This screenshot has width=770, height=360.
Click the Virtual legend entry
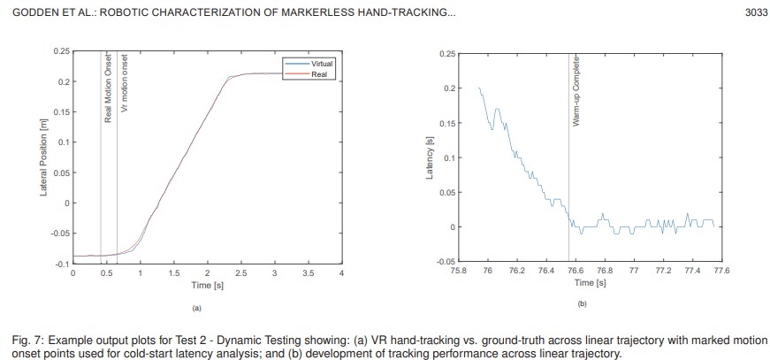click(319, 65)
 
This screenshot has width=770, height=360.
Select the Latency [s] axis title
click(431, 157)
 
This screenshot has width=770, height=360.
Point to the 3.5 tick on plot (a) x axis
click(308, 273)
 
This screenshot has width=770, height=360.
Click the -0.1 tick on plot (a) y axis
click(62, 264)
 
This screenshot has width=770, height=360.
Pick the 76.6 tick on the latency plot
click(576, 271)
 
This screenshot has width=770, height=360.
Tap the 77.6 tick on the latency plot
click(721, 271)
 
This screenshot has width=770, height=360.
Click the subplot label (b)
click(582, 304)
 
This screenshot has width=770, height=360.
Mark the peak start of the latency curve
click(479, 88)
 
